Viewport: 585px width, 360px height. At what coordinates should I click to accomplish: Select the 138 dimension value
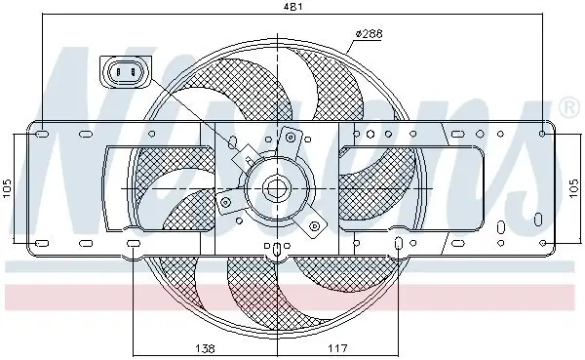tap(204, 346)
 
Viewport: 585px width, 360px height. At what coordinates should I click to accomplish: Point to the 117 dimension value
tap(337, 346)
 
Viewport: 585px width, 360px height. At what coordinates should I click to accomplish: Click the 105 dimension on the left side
tap(8, 186)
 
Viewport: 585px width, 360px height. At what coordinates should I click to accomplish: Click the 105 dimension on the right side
tap(576, 186)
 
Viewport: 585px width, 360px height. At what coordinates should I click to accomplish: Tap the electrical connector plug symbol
tap(124, 71)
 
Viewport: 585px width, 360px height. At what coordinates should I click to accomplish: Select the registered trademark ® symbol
tap(568, 103)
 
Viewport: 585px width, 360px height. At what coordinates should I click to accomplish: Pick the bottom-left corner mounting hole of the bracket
tap(40, 243)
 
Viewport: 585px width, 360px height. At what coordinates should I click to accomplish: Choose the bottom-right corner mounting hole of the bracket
tap(542, 243)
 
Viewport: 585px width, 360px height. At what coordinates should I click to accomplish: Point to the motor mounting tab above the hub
tap(290, 140)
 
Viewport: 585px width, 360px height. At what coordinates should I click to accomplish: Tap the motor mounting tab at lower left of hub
tap(226, 206)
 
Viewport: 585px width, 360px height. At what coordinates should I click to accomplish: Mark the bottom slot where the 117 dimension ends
tap(399, 244)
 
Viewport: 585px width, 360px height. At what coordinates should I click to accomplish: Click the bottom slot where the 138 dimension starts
tap(133, 244)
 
